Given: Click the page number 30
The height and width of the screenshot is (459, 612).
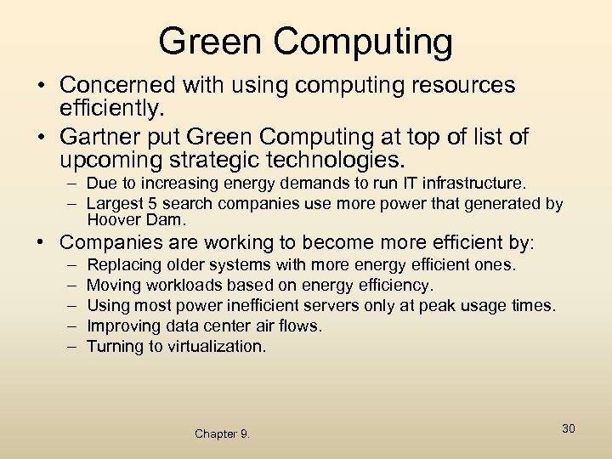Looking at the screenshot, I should (x=568, y=428).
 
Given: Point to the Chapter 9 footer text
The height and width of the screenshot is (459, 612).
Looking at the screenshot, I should (x=222, y=433).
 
